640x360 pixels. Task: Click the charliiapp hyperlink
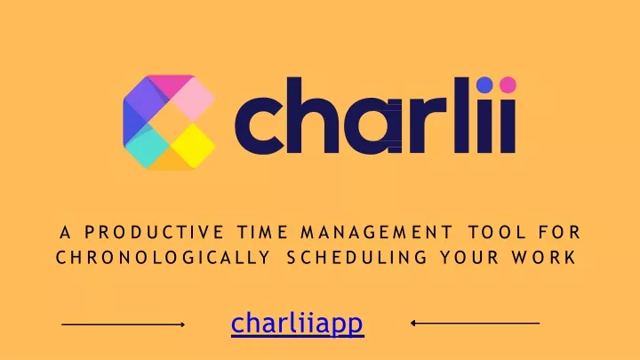pyautogui.click(x=297, y=324)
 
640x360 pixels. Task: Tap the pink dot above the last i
pyautogui.click(x=508, y=84)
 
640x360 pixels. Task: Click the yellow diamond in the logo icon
pyautogui.click(x=193, y=146)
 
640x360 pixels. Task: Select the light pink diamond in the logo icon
pyautogui.click(x=193, y=100)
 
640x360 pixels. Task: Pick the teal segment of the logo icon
pyautogui.click(x=146, y=146)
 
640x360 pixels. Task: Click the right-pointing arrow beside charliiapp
pyautogui.click(x=124, y=324)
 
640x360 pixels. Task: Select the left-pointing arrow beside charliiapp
pyautogui.click(x=475, y=324)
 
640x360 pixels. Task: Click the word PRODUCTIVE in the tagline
pyautogui.click(x=155, y=232)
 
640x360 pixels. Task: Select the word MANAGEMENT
pyautogui.click(x=376, y=232)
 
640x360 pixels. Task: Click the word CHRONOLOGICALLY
pyautogui.click(x=163, y=258)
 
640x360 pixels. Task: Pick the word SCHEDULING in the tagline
pyautogui.click(x=356, y=258)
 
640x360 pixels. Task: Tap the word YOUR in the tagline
pyautogui.click(x=469, y=258)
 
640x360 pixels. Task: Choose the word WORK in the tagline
pyautogui.click(x=544, y=258)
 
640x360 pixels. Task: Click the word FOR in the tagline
pyautogui.click(x=559, y=232)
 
